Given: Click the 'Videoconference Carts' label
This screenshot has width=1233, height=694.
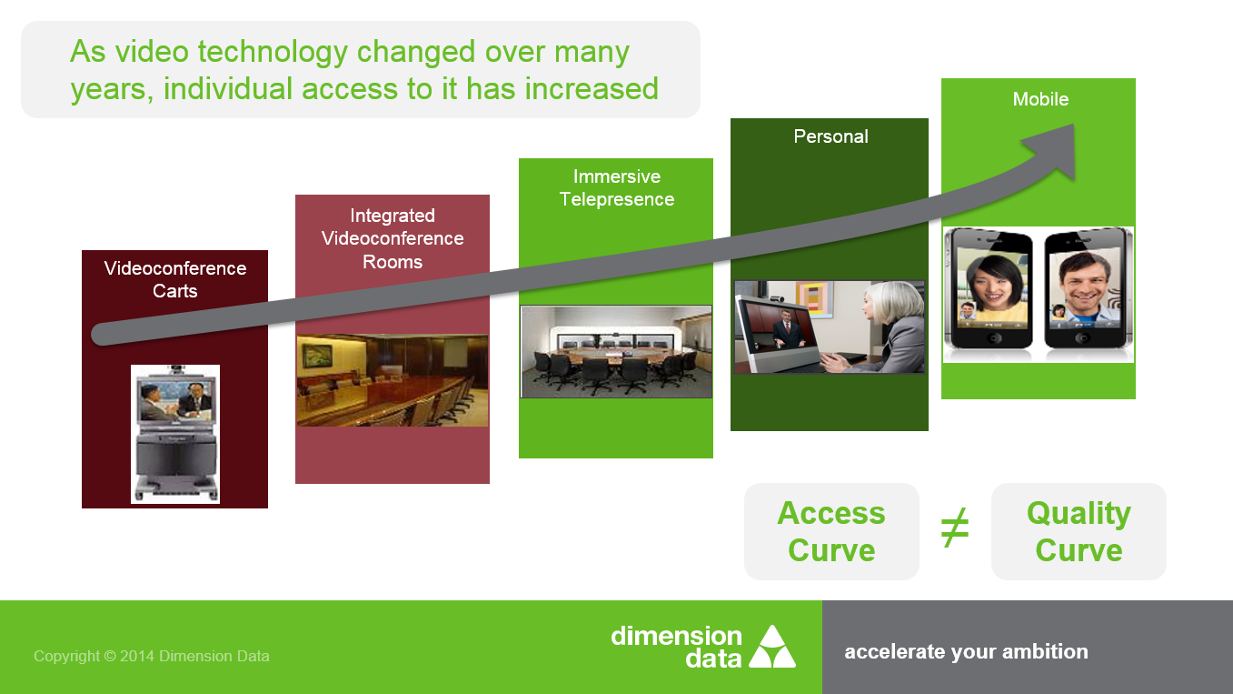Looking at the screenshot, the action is [x=175, y=279].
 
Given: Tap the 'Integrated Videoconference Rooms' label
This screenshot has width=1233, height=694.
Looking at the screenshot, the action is [x=393, y=238].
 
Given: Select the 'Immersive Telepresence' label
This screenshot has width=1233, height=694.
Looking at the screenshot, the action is [x=616, y=187].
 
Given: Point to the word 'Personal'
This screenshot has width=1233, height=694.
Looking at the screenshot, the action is [x=830, y=136].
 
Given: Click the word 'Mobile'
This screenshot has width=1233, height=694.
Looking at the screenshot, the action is [x=1040, y=99].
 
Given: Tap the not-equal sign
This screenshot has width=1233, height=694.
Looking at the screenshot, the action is [x=954, y=528].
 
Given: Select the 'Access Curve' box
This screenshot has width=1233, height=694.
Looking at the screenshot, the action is [x=831, y=531].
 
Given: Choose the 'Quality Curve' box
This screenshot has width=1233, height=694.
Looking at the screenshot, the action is [x=1079, y=531].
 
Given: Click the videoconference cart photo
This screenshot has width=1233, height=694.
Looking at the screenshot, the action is [x=175, y=434].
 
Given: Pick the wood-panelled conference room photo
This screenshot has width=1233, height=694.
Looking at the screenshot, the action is [x=393, y=380].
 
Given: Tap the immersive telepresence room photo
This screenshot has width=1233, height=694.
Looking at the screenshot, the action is [x=616, y=352].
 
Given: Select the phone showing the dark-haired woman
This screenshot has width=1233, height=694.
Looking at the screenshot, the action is [x=989, y=288].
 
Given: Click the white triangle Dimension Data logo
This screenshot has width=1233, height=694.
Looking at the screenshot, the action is [x=772, y=647].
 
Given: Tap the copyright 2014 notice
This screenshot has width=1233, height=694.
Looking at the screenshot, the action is [x=152, y=656].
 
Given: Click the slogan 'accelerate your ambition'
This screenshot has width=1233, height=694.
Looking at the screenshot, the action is [x=966, y=651].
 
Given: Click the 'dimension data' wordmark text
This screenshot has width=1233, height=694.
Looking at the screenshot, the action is [x=677, y=647].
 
